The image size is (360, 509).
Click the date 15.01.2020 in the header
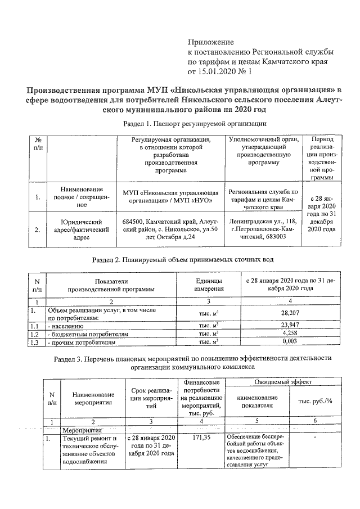coord(219,72)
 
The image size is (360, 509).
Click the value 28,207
coord(287,310)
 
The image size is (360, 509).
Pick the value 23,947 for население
coord(287,325)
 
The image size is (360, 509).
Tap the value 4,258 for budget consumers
coord(287,334)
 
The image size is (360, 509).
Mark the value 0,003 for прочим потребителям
coord(287,342)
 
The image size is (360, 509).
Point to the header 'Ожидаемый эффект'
coord(274,381)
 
